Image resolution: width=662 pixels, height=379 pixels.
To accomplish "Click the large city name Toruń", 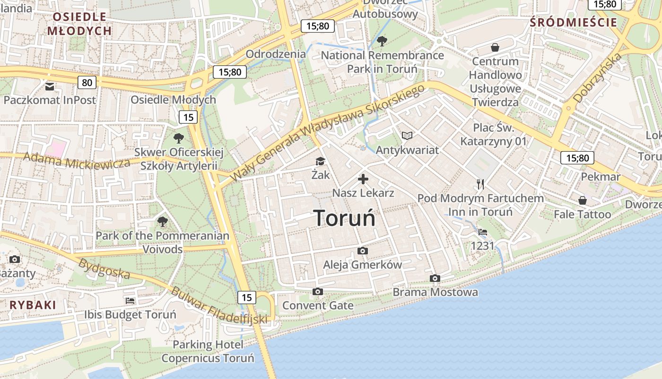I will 345,218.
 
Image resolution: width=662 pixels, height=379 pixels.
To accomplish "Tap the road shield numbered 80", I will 87,83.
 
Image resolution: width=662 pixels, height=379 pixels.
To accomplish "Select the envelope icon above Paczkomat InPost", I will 50,87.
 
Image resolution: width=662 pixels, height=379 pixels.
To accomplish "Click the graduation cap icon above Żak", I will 320,162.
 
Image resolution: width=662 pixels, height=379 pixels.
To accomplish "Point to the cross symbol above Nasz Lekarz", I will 363,179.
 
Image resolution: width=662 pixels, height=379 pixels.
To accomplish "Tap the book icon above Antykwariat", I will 407,136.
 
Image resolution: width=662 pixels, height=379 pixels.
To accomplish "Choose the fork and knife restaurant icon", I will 480,184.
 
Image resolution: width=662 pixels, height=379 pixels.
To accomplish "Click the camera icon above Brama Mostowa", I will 435,278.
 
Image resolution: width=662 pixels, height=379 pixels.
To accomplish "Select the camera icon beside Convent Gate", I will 318,291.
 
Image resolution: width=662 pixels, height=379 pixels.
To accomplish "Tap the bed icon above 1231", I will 482,232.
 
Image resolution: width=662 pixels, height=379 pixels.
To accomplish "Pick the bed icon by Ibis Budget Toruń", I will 130,300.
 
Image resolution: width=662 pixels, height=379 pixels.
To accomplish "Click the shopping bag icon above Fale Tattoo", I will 583,200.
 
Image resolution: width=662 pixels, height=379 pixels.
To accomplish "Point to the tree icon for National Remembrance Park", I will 382,41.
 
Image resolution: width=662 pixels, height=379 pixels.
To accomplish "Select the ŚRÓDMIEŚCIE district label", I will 573,22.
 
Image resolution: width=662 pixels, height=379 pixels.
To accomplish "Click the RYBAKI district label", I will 33,305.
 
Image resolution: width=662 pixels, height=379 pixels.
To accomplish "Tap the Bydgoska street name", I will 105,268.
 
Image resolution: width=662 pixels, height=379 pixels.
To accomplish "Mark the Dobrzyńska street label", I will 597,78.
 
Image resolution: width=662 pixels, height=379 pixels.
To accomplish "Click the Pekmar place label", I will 601,177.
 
